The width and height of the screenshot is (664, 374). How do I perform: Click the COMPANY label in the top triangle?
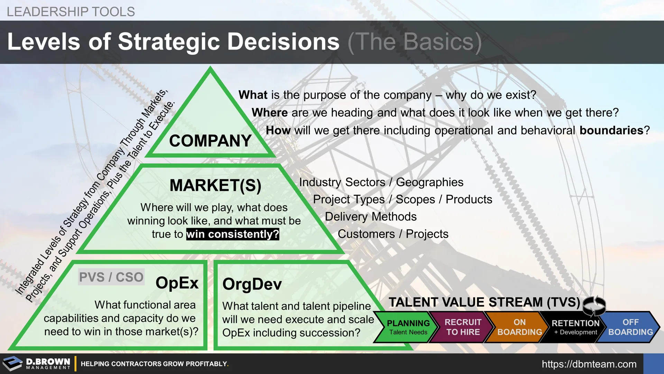coord(210,141)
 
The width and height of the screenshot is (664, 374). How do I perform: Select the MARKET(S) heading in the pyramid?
coord(215,185)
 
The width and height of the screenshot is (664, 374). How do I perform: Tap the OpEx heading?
coord(177,283)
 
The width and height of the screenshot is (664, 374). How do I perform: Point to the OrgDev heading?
coord(252,284)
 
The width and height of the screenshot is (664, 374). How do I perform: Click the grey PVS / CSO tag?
coord(111,277)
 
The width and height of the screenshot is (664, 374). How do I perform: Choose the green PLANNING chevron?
coord(405,327)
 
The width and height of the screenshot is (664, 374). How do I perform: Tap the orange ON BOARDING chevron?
coord(517,327)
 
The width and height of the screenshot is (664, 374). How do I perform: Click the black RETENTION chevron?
coord(574,327)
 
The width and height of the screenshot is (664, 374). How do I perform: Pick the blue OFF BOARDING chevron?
coord(629,327)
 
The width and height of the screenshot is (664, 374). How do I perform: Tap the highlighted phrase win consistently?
coord(233,234)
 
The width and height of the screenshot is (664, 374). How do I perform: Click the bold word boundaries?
coord(611,131)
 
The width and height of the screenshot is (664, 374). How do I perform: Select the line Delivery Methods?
coord(371,217)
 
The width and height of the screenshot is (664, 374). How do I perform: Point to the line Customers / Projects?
coord(393,234)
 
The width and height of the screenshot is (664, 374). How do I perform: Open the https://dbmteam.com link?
coord(589,364)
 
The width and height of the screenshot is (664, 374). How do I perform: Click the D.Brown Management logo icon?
coord(12,364)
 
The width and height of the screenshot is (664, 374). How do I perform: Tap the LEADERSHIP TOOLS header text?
coord(71,12)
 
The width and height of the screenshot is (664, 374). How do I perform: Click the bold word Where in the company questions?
coord(270,113)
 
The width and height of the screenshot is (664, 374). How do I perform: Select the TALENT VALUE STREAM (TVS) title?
coord(484,302)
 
